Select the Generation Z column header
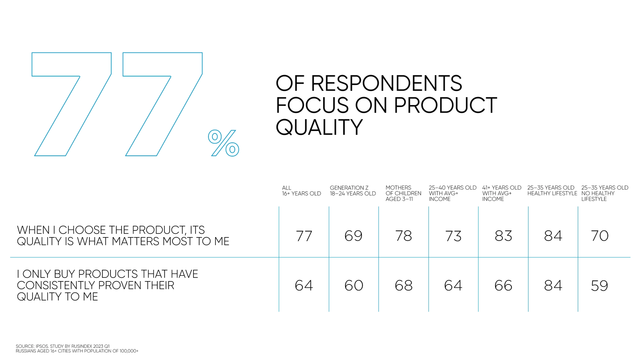[x=353, y=191]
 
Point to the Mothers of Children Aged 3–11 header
[x=403, y=193]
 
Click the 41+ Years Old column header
[x=502, y=193]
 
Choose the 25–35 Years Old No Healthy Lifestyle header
[x=605, y=193]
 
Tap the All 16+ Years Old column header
[x=301, y=191]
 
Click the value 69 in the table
[x=353, y=236]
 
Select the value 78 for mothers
[x=403, y=236]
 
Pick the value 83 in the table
[x=503, y=236]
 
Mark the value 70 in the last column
[x=600, y=236]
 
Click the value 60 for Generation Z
[x=354, y=285]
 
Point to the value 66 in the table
[x=503, y=285]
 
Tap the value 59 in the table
[x=599, y=285]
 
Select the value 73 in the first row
[x=453, y=236]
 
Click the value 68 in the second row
[x=403, y=285]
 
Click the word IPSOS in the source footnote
[x=42, y=346]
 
